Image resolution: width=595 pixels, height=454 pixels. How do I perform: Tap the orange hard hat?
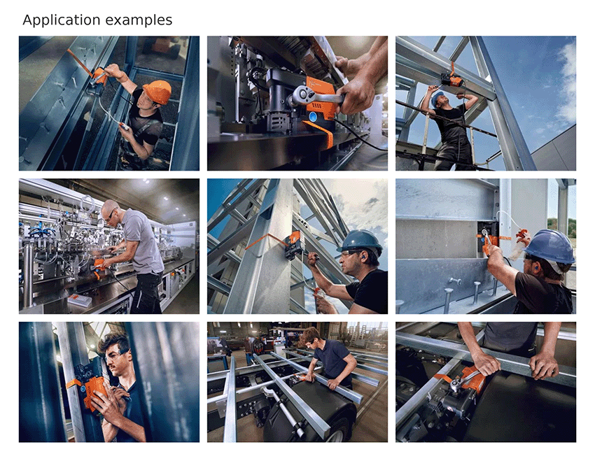(x=157, y=92)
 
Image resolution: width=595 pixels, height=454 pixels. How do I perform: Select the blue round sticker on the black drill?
(x=314, y=116)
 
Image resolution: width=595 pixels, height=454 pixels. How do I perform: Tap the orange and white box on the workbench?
(x=79, y=299)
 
